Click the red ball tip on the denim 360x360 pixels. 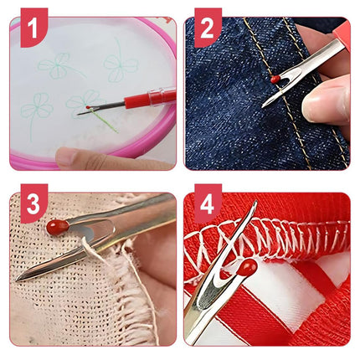(x=275, y=79)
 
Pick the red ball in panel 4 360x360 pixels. (x=248, y=268)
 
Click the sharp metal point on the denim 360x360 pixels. (x=265, y=105)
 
